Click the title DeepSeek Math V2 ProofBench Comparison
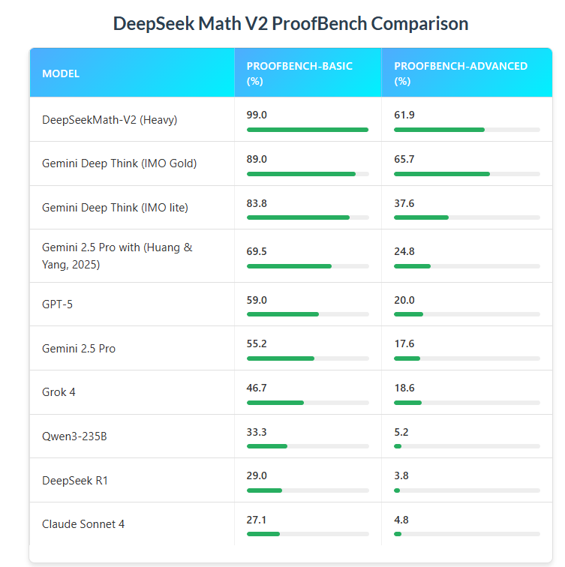click(290, 24)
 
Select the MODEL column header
click(61, 73)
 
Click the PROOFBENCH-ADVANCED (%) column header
click(460, 73)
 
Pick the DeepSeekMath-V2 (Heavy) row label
click(110, 120)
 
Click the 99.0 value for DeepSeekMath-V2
click(257, 115)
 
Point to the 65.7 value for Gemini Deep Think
click(404, 159)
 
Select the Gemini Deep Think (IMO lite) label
click(115, 208)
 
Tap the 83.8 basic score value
click(257, 202)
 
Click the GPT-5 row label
click(57, 304)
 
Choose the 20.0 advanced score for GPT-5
click(404, 299)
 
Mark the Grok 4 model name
click(59, 392)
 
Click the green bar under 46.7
click(275, 403)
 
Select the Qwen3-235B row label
click(74, 436)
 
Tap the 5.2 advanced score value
click(401, 432)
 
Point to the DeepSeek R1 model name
click(75, 480)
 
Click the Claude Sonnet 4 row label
click(83, 524)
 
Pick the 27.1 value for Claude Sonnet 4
click(257, 519)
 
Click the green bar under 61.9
click(439, 130)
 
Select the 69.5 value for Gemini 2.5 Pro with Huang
click(257, 250)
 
